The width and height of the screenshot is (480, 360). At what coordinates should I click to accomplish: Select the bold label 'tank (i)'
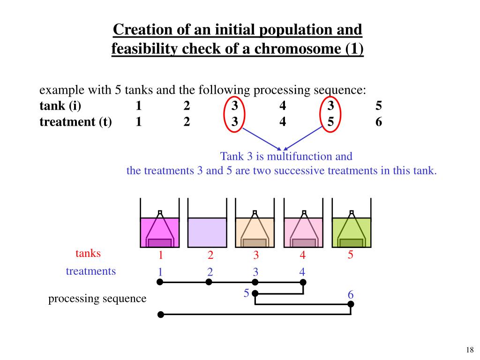[x=60, y=106]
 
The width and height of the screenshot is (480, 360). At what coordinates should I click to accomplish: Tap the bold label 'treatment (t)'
[x=75, y=122]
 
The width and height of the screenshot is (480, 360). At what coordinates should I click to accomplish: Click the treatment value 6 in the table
[x=378, y=122]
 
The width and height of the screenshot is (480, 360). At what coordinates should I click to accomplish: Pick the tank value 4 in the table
[x=283, y=106]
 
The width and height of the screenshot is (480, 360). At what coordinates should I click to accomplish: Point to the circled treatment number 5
[x=330, y=122]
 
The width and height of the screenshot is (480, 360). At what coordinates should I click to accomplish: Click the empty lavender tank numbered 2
[x=207, y=232]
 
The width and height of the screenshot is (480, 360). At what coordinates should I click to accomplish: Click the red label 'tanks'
[x=88, y=254]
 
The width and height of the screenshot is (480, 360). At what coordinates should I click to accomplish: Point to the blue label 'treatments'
[x=90, y=271]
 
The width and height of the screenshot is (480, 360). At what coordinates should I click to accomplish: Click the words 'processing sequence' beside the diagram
[x=97, y=299]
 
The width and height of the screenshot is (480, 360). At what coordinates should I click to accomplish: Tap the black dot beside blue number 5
[x=255, y=293]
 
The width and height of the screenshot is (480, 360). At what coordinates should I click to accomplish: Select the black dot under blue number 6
[x=351, y=304]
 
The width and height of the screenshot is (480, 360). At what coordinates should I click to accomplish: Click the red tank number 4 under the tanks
[x=303, y=255]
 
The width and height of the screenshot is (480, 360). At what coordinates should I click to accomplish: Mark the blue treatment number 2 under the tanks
[x=210, y=272]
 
